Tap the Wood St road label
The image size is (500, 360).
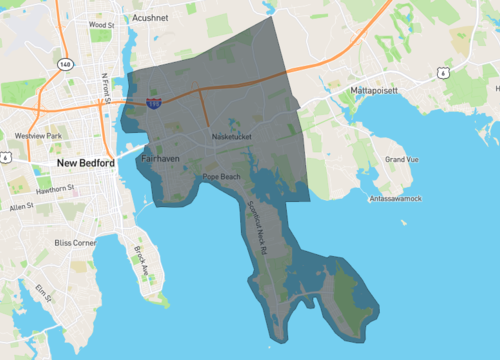pyautogui.click(x=101, y=23)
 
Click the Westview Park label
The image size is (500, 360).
pyautogui.click(x=39, y=135)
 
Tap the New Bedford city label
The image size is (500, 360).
pyautogui.click(x=86, y=162)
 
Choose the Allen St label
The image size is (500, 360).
pyautogui.click(x=21, y=206)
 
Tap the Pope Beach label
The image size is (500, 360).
pyautogui.click(x=222, y=177)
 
